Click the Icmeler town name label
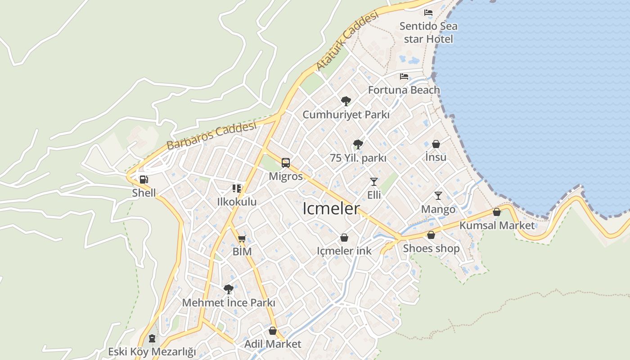pyautogui.click(x=331, y=209)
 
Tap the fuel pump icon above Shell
pyautogui.click(x=144, y=180)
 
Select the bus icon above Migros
pyautogui.click(x=286, y=163)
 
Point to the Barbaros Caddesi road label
pyautogui.click(x=211, y=135)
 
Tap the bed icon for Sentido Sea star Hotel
pyautogui.click(x=428, y=13)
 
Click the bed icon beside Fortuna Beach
pyautogui.click(x=404, y=76)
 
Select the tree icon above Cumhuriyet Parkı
pyautogui.click(x=346, y=101)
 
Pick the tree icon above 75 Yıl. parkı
pyautogui.click(x=358, y=144)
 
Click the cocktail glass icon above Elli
pyautogui.click(x=374, y=182)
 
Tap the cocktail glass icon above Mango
pyautogui.click(x=438, y=196)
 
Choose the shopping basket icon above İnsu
pyautogui.click(x=436, y=144)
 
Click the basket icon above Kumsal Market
pyautogui.click(x=497, y=212)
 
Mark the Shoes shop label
pyautogui.click(x=431, y=248)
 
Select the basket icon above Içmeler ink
pyautogui.click(x=344, y=238)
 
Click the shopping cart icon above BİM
pyautogui.click(x=242, y=238)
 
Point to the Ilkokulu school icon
pyautogui.click(x=237, y=188)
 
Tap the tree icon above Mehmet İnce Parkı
pyautogui.click(x=229, y=289)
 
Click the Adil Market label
pyautogui.click(x=273, y=344)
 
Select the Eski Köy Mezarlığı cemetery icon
pyautogui.click(x=152, y=338)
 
